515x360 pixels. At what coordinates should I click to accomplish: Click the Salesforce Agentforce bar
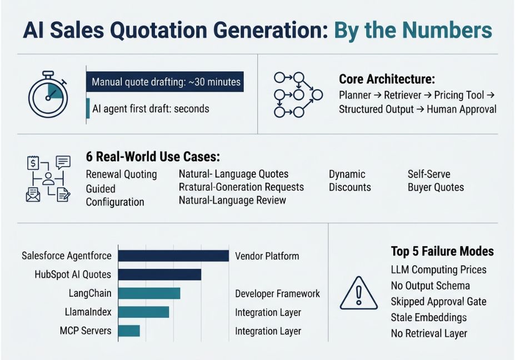click(x=173, y=256)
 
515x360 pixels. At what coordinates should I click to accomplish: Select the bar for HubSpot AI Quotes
click(x=159, y=274)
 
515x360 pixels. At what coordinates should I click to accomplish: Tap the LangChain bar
click(x=149, y=293)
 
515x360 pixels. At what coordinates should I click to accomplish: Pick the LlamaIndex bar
click(x=143, y=312)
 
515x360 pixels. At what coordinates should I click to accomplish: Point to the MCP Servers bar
click(x=129, y=331)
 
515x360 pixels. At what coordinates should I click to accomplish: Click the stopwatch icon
click(x=48, y=94)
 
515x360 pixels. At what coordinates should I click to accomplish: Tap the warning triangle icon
click(x=359, y=293)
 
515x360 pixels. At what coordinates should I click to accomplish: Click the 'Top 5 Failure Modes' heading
click(x=442, y=251)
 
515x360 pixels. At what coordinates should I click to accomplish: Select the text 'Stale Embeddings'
click(x=429, y=318)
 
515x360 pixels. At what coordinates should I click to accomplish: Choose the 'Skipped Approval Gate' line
click(x=438, y=302)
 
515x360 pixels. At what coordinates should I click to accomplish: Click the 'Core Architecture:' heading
click(x=387, y=79)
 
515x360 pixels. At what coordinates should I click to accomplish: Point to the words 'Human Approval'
click(x=462, y=109)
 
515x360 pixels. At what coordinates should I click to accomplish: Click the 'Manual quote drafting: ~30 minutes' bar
click(x=165, y=82)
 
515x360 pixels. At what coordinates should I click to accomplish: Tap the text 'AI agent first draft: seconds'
click(x=151, y=109)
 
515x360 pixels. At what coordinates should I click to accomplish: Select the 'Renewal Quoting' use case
click(x=121, y=174)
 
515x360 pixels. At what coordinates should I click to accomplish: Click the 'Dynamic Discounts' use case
click(x=350, y=181)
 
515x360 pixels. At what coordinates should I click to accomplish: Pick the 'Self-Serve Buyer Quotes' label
click(x=436, y=181)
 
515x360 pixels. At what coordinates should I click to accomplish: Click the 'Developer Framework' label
click(x=277, y=294)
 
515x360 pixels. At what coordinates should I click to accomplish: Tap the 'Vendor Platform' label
click(x=267, y=256)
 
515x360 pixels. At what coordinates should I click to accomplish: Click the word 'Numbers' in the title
click(x=447, y=30)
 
